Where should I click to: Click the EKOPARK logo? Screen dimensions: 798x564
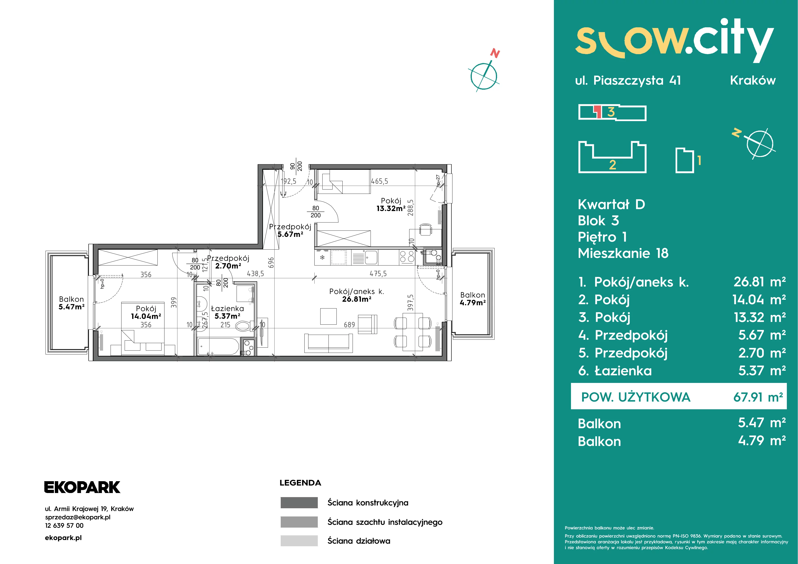pos(82,487)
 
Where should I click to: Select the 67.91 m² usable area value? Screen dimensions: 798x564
pos(758,397)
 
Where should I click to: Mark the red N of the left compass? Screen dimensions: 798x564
pos(495,53)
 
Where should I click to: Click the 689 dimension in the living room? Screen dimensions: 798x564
pos(349,325)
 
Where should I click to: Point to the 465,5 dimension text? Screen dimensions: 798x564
pos(379,181)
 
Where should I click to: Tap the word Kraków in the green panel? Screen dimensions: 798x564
pos(753,81)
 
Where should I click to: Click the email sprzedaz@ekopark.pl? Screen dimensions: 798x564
pos(78,517)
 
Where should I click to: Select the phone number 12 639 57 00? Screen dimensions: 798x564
pos(64,525)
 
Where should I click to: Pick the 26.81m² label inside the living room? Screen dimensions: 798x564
pos(357,299)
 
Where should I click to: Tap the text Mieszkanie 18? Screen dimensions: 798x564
pos(623,253)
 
